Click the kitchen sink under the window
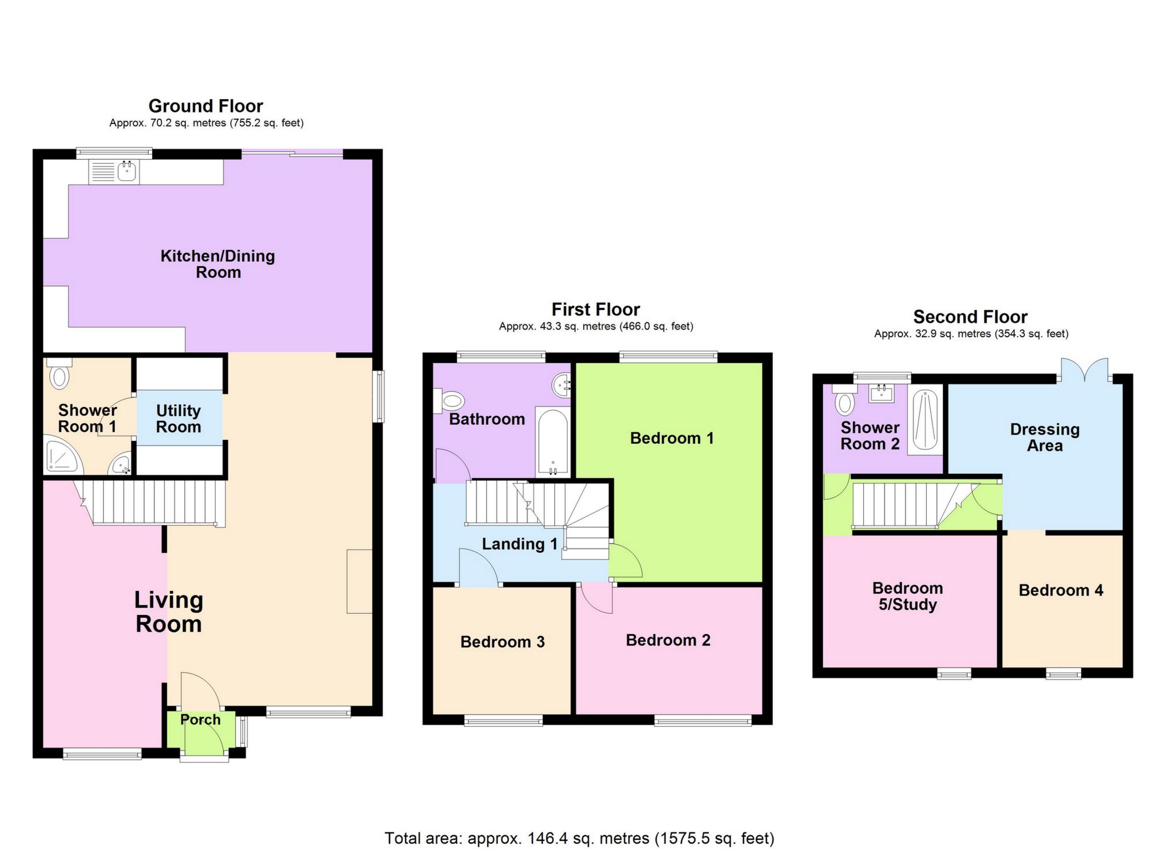tap(114, 171)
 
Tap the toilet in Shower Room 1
tap(59, 374)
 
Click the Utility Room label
tap(179, 418)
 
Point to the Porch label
tap(200, 719)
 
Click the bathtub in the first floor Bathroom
tap(553, 442)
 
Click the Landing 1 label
tap(519, 544)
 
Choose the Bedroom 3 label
tap(502, 642)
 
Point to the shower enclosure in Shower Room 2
tap(925, 419)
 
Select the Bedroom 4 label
tap(1060, 590)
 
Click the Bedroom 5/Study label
tap(908, 596)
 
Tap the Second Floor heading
tap(970, 316)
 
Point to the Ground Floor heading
tap(206, 106)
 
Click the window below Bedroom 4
tap(1063, 673)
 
